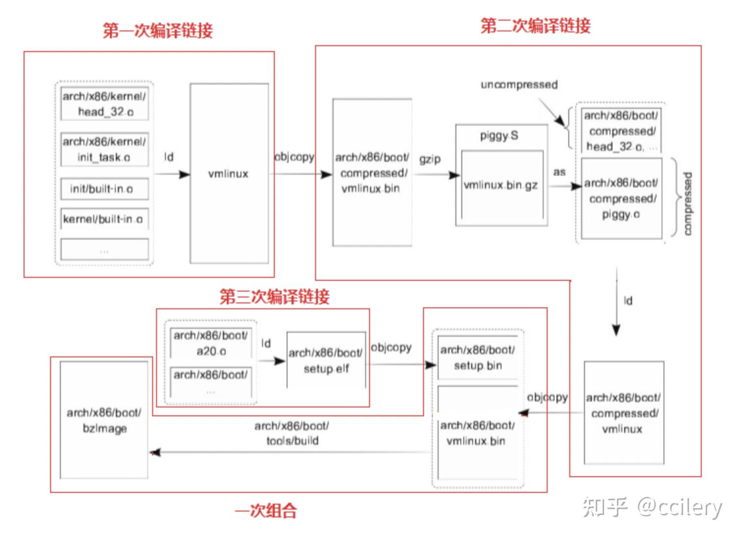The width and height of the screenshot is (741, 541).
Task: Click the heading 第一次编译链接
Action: pos(158,30)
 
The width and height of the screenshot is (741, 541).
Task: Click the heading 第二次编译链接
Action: pos(535,26)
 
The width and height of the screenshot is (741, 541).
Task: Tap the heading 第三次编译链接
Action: pos(274,297)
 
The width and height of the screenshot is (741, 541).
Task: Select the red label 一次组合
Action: pos(266,511)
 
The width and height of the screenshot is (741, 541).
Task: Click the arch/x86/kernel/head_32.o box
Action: pos(104,104)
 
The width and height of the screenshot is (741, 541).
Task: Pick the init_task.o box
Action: pos(104,149)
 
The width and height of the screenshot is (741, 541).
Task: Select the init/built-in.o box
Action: pos(104,189)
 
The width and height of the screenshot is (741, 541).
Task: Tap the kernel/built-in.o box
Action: pos(104,219)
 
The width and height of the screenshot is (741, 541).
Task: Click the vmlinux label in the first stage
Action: pos(229,174)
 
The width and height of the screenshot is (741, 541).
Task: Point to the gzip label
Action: pos(430,160)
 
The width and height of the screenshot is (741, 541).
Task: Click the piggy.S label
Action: pos(499,135)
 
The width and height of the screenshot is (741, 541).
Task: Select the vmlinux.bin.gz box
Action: pos(501,185)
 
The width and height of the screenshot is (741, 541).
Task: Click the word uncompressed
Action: pos(519,84)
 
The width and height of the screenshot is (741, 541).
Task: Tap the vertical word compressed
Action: pos(688,203)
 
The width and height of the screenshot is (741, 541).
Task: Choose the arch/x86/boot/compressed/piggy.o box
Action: pos(621,198)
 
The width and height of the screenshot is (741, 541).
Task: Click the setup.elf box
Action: pos(326,360)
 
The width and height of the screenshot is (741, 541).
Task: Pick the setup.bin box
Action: pos(477,358)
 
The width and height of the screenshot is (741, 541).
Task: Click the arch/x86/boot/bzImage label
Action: pos(104,420)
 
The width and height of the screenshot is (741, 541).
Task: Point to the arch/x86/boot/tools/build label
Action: pos(292,433)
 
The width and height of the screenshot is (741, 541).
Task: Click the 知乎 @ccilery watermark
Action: pos(652,507)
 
